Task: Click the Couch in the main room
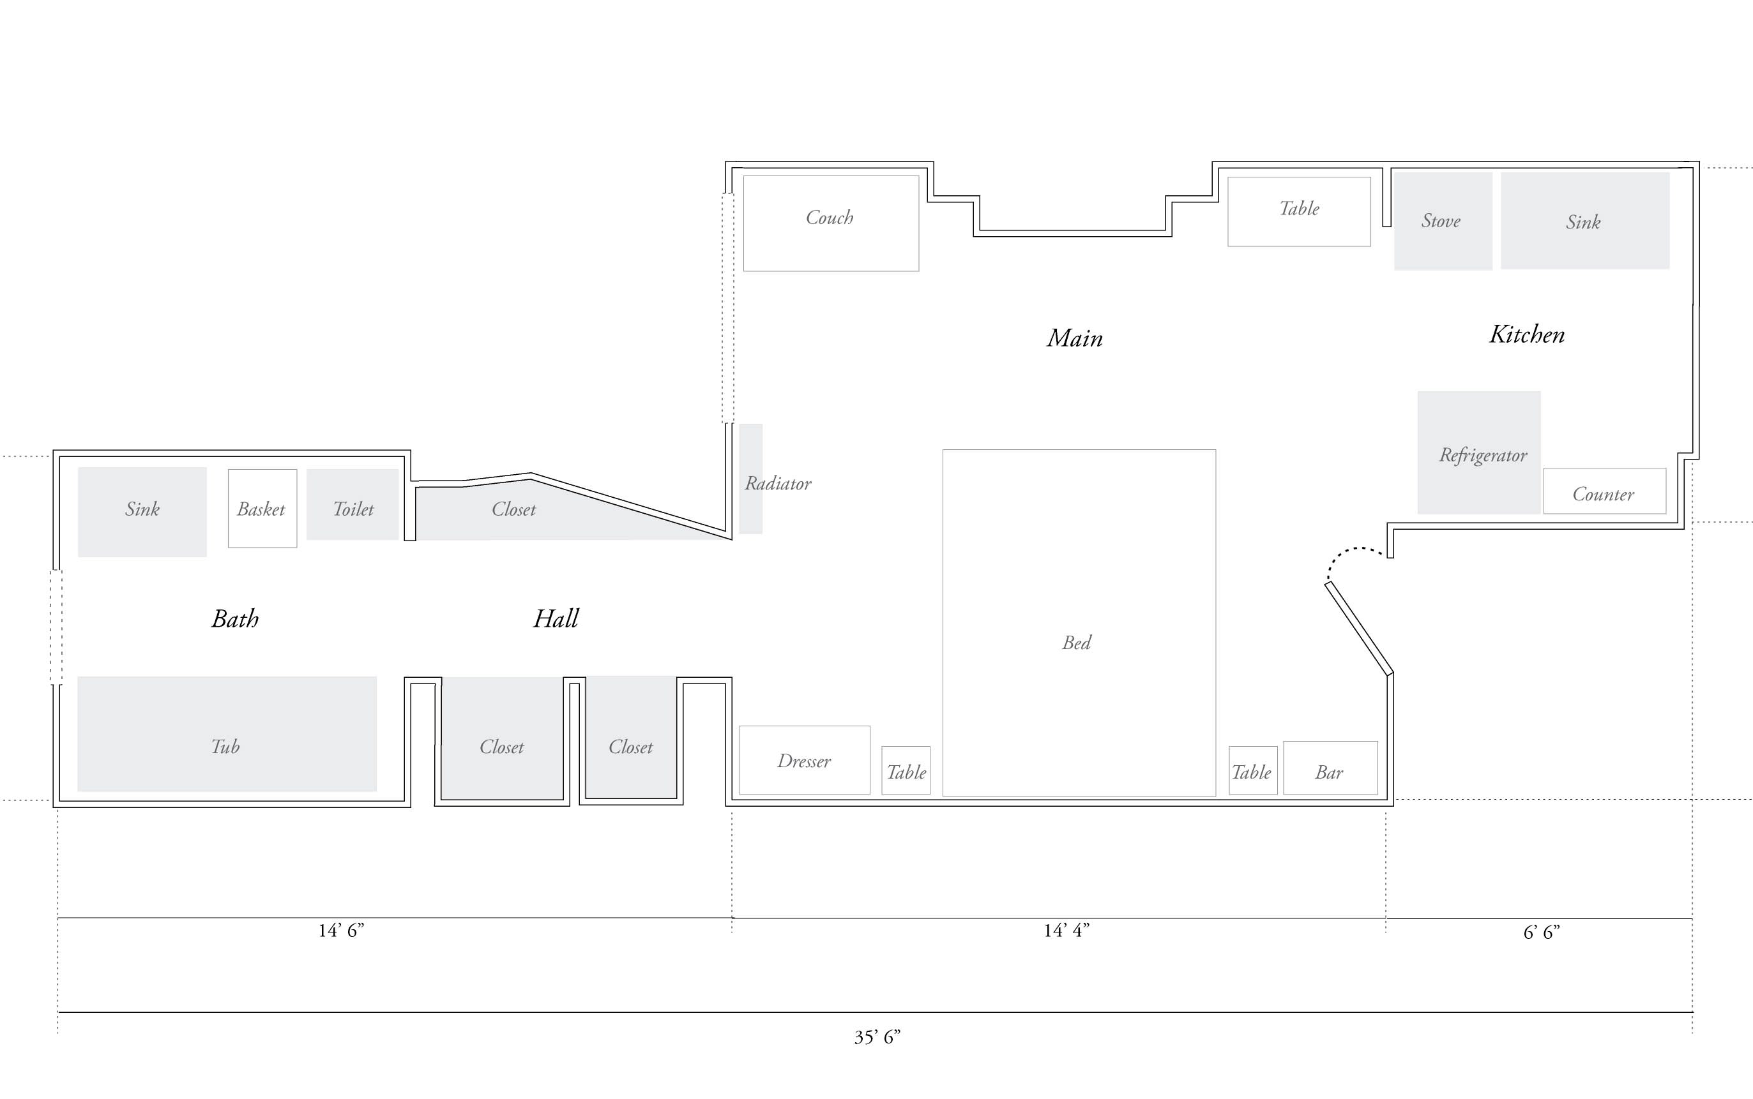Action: coord(830,223)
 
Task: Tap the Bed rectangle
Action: coord(1078,622)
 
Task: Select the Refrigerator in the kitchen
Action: coord(1479,452)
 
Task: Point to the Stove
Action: coord(1443,221)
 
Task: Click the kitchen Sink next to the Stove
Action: coord(1584,221)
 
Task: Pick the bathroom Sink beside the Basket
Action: coord(142,511)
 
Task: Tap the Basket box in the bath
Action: coord(262,508)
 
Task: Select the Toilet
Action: coord(353,504)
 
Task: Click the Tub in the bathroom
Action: coord(226,733)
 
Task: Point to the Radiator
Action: coord(751,479)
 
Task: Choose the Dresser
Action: coord(804,759)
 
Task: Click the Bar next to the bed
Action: coord(1330,768)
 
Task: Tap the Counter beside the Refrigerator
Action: coord(1604,491)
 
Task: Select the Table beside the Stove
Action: coord(1298,211)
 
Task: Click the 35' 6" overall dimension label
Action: coord(877,1036)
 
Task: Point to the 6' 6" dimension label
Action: coord(1542,932)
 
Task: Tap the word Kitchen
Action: coord(1527,334)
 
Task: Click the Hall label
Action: coord(556,618)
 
